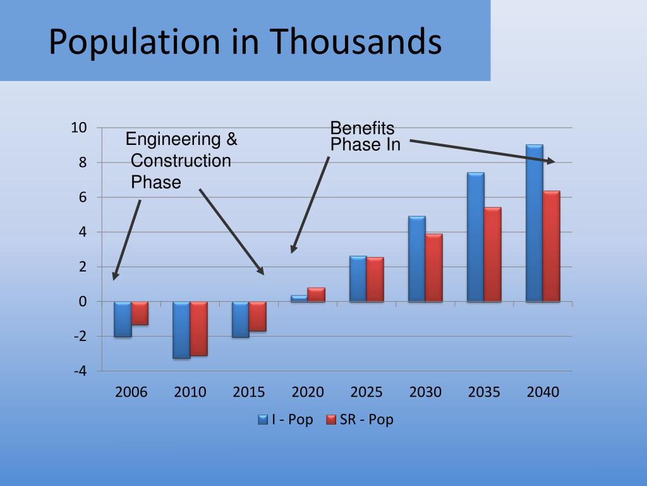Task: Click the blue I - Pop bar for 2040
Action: [x=534, y=223]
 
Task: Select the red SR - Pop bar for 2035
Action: [x=492, y=254]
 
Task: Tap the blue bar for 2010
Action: [x=181, y=330]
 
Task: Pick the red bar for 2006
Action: [x=140, y=313]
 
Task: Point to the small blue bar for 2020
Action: [x=299, y=298]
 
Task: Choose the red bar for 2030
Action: [x=433, y=268]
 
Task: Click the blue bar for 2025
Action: [x=358, y=278]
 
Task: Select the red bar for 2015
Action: [x=257, y=316]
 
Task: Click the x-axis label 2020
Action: [x=308, y=392]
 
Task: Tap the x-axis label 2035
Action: [x=484, y=392]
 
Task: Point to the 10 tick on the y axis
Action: [x=78, y=128]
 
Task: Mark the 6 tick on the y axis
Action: [x=82, y=197]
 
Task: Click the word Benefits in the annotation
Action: [x=362, y=128]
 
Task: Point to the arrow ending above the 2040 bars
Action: [x=480, y=151]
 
